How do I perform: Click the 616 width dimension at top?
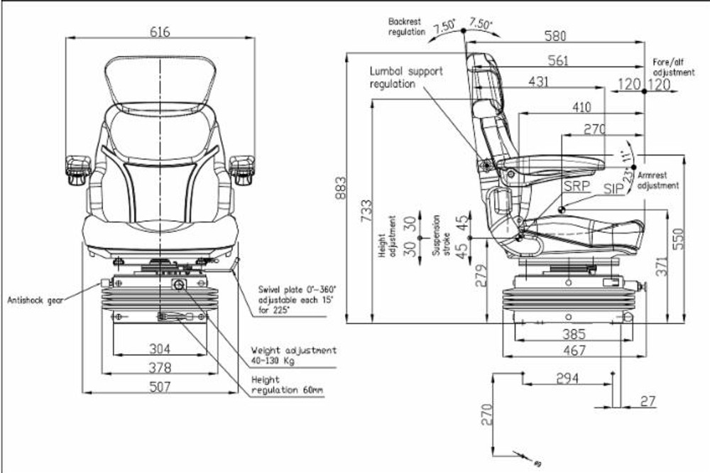(x=160, y=32)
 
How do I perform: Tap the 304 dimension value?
(x=160, y=349)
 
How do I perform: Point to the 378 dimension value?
(x=160, y=367)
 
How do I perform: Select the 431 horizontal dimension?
(x=539, y=82)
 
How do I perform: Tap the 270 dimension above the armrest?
(x=594, y=129)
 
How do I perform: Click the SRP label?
(x=576, y=186)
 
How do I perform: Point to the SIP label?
(x=614, y=188)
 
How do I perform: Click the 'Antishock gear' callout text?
(x=36, y=300)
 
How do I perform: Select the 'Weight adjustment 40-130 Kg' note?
(x=293, y=356)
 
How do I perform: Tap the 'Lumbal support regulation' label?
(x=405, y=77)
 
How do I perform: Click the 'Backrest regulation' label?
(x=406, y=27)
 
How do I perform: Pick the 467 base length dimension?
(x=574, y=350)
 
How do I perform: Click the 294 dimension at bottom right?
(x=567, y=379)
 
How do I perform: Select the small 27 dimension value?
(x=648, y=401)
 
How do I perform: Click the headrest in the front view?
(x=160, y=81)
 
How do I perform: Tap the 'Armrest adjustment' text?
(x=658, y=179)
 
